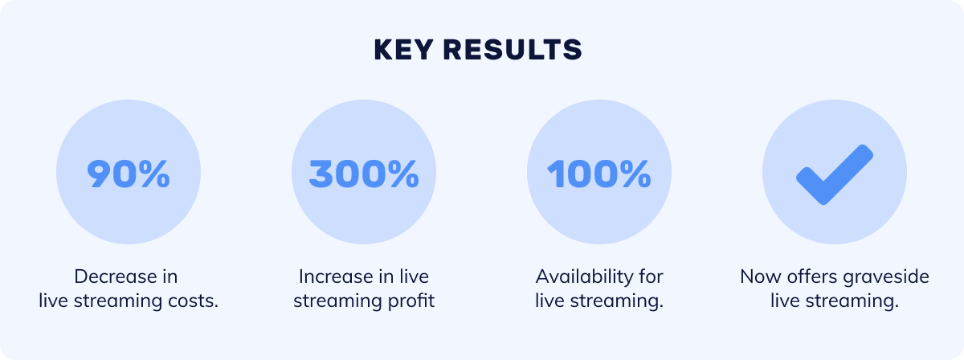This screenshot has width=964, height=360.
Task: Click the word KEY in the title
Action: pos(402,50)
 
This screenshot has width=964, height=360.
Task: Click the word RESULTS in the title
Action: pos(513,50)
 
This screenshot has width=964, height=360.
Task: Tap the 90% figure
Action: pos(129,174)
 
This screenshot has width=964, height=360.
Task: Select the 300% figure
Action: pos(364,174)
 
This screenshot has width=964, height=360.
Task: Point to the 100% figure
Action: pos(599,174)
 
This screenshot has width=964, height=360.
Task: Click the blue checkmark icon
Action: pos(835,174)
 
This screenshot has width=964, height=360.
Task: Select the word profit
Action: pos(411,301)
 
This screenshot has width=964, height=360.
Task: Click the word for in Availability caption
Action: pos(651,276)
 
